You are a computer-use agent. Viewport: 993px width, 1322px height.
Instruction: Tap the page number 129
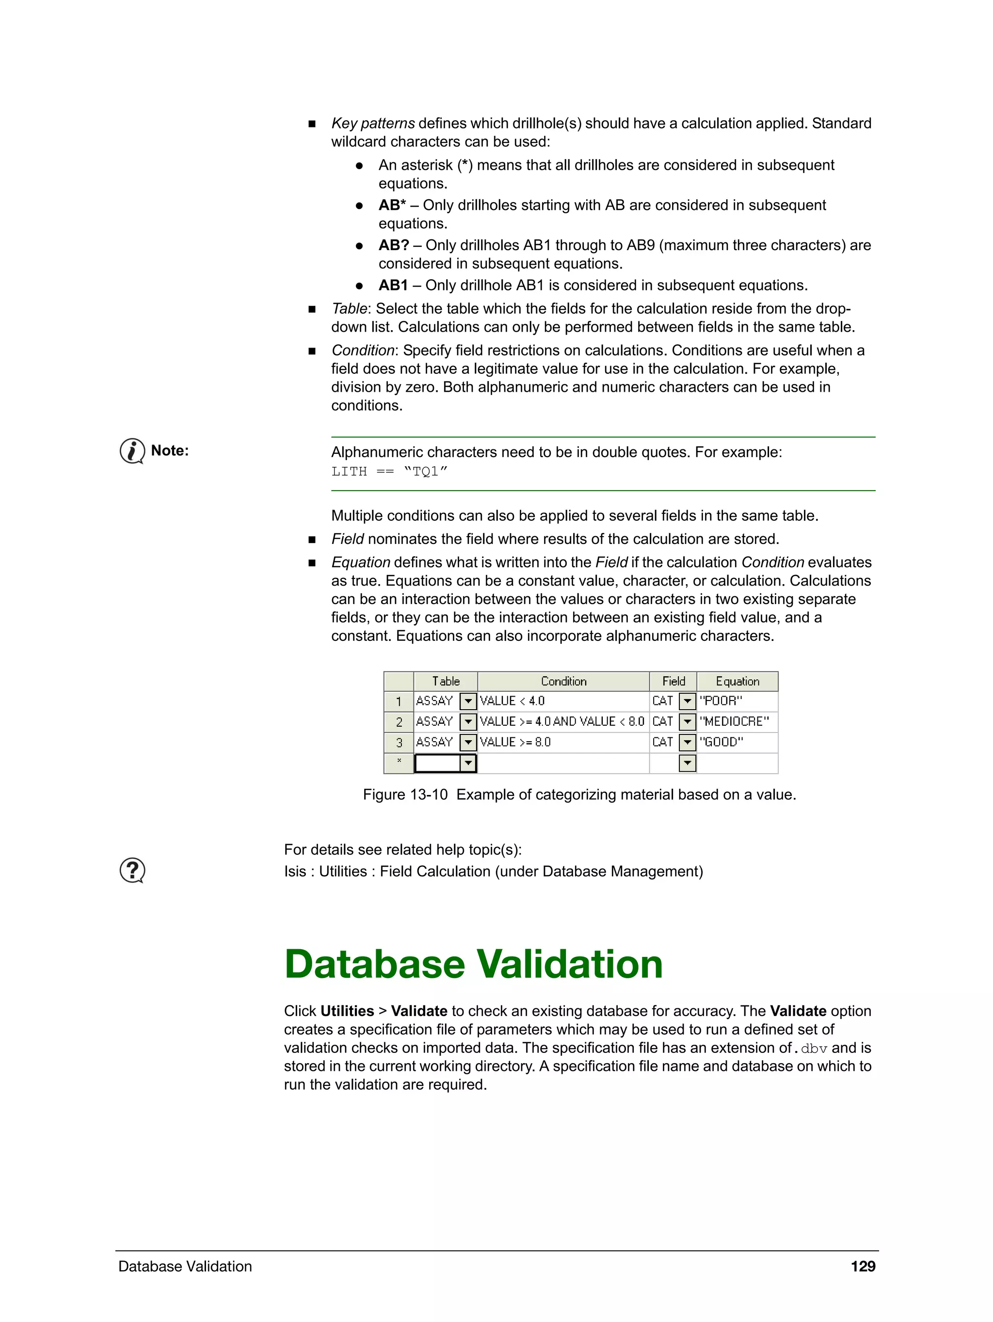coord(863,1266)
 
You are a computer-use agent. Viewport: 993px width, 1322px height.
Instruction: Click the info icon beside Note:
coord(132,451)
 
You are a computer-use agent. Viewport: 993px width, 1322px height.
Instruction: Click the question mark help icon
coord(132,870)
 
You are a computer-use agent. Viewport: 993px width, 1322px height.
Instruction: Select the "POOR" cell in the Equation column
coord(737,701)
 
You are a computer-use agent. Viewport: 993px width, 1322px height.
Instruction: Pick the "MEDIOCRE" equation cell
coord(737,721)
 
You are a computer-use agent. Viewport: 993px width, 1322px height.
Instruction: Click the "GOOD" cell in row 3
coord(737,742)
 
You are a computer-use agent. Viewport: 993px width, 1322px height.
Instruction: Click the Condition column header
coord(563,681)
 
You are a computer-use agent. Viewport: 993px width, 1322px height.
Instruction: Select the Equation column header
coord(737,681)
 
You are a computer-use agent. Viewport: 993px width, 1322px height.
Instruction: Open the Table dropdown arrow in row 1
coord(468,701)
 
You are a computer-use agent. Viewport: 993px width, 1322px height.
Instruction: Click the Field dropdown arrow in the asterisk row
coord(688,763)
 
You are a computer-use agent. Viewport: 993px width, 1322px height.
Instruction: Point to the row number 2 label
coord(399,722)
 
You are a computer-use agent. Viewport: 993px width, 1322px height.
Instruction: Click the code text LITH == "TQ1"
coord(389,472)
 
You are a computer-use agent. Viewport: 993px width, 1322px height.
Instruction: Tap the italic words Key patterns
coord(373,123)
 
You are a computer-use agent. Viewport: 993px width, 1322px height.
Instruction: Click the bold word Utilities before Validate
coord(347,1011)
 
